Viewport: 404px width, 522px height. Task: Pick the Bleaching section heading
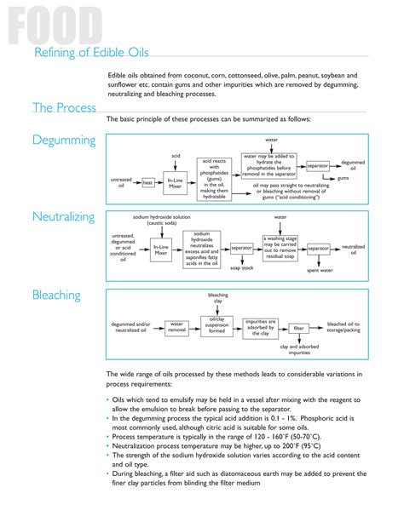(x=56, y=295)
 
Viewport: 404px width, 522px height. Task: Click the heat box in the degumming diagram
(x=147, y=182)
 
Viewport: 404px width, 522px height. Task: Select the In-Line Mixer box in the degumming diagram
(x=176, y=182)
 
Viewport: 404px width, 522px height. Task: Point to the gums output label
(x=343, y=179)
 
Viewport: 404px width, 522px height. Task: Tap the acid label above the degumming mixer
(x=176, y=156)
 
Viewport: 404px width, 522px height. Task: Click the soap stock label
(x=243, y=267)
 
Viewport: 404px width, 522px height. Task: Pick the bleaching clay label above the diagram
(x=218, y=297)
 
